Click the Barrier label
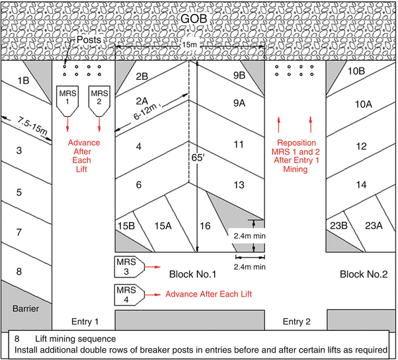click(x=24, y=308)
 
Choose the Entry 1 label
click(x=83, y=321)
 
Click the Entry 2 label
click(x=296, y=321)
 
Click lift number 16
click(x=206, y=226)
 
